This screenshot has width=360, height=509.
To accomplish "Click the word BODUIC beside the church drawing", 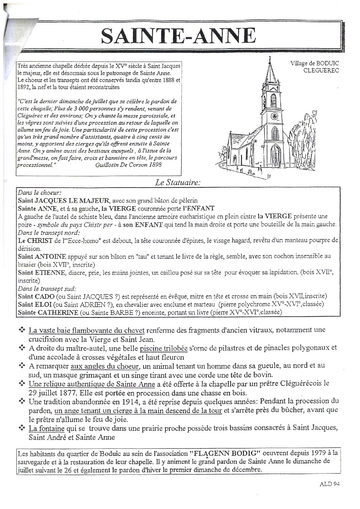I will [327, 63].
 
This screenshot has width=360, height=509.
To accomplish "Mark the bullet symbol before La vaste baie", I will [22, 330].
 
